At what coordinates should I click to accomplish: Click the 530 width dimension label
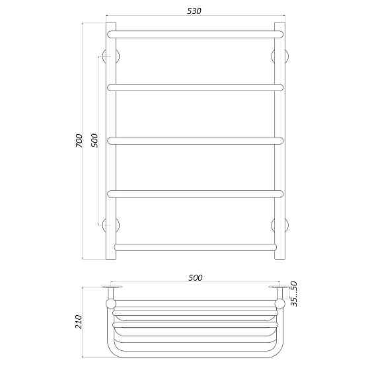(x=194, y=11)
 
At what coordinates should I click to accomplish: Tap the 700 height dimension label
(x=79, y=141)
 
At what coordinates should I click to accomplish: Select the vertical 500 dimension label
(x=94, y=141)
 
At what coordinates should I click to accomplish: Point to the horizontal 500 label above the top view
(x=195, y=277)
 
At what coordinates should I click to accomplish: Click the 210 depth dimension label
(x=79, y=322)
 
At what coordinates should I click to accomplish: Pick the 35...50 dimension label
(x=293, y=294)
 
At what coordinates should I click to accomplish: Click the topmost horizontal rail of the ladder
(x=195, y=34)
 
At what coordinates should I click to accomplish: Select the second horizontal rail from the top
(x=195, y=87)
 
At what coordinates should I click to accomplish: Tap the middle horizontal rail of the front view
(x=195, y=141)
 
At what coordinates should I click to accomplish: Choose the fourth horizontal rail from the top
(x=195, y=194)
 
